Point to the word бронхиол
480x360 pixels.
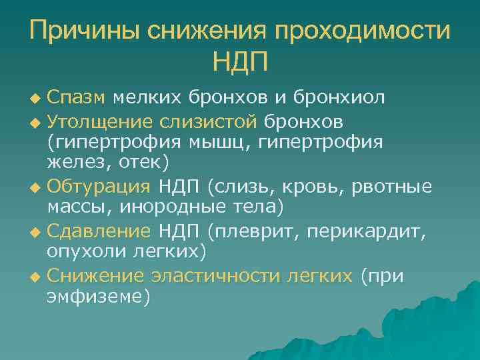pos(338,98)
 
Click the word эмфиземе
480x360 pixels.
pos(97,296)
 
